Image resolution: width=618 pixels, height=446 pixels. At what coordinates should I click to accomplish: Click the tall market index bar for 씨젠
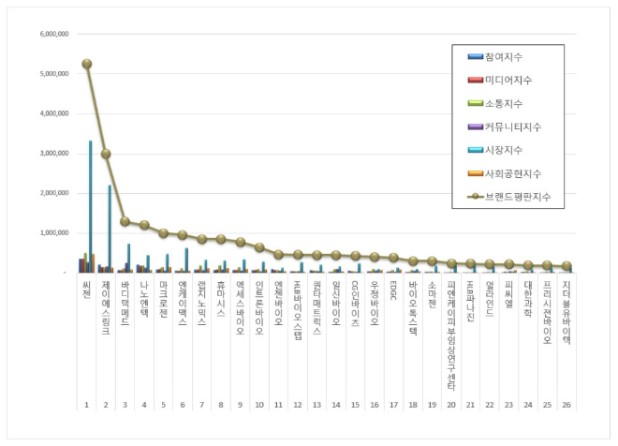[x=91, y=206]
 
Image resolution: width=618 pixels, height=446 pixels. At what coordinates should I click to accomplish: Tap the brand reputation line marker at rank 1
[x=86, y=64]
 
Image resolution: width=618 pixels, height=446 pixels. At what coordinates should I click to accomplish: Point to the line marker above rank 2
[x=106, y=154]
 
